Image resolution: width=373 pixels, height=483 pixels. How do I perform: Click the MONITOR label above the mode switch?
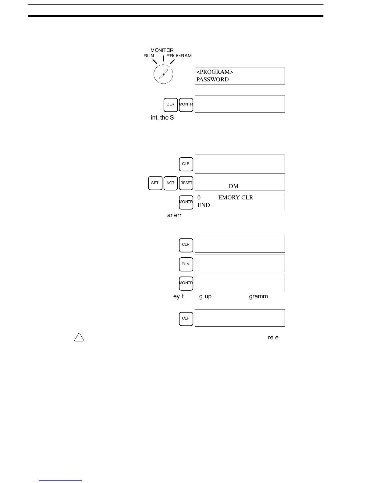click(162, 50)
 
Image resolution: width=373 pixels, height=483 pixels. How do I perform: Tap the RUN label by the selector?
click(149, 56)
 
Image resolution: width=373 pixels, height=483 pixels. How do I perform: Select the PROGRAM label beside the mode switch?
click(179, 56)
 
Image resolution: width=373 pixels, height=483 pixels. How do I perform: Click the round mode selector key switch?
click(163, 74)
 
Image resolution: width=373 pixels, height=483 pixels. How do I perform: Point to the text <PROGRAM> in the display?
click(215, 72)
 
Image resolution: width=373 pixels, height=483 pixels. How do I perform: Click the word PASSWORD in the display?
click(212, 80)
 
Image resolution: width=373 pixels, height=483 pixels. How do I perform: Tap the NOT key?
click(170, 183)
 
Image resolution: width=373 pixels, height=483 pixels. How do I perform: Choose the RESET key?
click(186, 183)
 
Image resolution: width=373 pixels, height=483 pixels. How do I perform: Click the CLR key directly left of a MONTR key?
click(170, 105)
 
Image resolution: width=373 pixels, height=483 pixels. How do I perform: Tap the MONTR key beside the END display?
click(186, 202)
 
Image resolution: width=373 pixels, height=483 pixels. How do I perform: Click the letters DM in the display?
click(233, 186)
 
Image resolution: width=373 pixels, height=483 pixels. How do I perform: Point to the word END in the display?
click(204, 205)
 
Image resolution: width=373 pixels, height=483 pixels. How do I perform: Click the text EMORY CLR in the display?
click(236, 198)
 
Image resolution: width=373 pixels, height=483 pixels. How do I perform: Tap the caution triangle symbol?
click(79, 337)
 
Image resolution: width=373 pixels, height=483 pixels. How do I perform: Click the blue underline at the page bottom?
click(60, 480)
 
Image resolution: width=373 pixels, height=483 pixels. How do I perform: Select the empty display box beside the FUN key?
click(240, 263)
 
